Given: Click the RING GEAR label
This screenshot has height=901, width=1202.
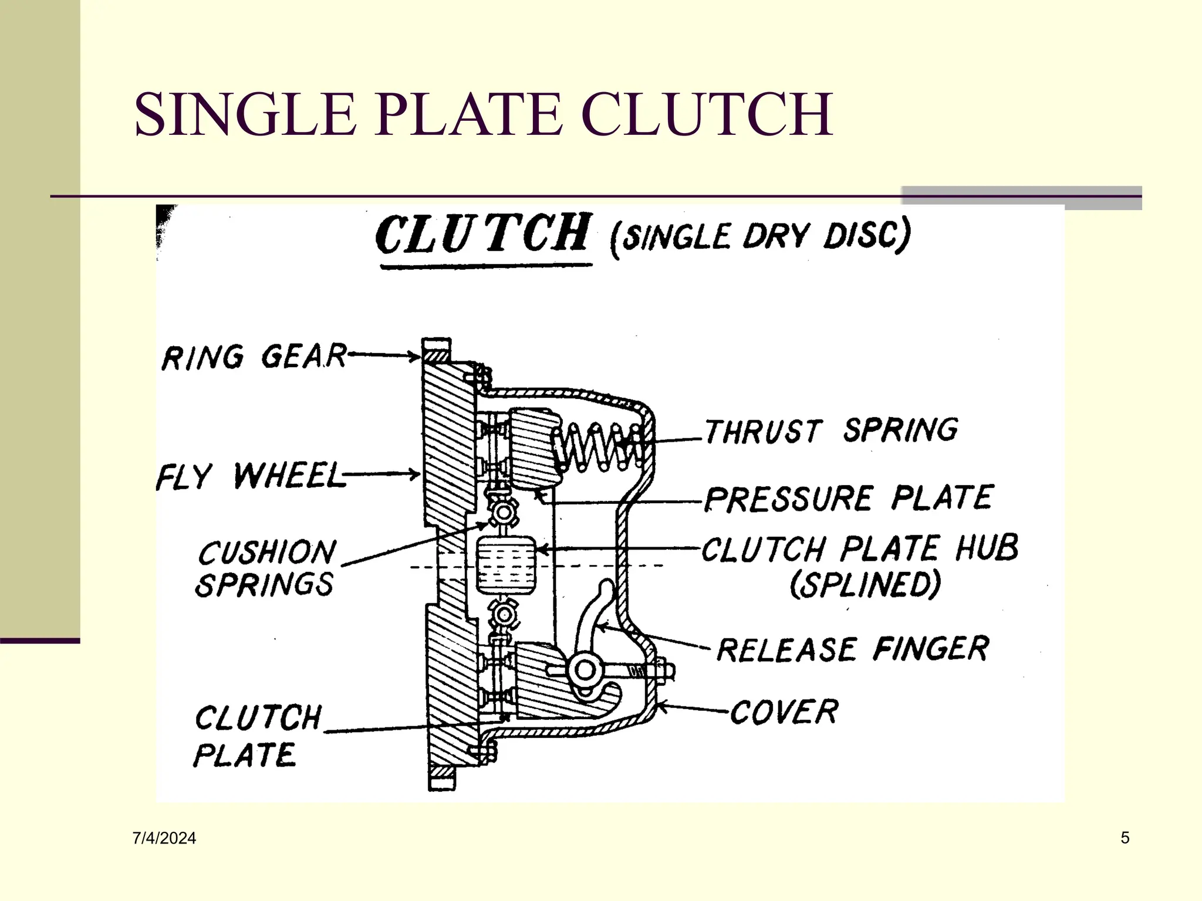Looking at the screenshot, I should [254, 357].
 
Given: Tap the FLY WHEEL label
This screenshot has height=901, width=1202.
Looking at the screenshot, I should [251, 476].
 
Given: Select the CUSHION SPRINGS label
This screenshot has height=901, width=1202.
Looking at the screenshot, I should [265, 568].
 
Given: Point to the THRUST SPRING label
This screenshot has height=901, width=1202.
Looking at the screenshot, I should [831, 431].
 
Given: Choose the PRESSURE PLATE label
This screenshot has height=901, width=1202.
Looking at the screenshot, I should [848, 498].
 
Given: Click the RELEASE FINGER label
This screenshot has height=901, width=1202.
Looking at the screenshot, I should [852, 649].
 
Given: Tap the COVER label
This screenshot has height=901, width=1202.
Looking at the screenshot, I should [784, 712].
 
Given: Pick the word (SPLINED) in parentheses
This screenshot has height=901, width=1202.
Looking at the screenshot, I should [865, 585].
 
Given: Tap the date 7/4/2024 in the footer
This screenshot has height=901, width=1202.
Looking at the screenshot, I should [164, 838].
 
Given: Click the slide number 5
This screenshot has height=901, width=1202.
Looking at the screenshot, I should [1125, 838].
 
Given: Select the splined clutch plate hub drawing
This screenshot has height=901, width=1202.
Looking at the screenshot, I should [506, 564].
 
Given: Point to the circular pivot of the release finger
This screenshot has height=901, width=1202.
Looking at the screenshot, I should [585, 670].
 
